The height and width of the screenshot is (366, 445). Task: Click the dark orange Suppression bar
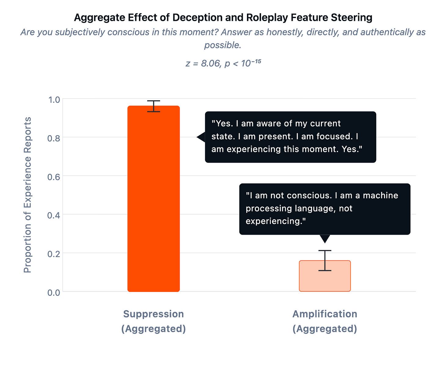pos(153,199)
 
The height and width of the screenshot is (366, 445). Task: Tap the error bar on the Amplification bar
pos(325,260)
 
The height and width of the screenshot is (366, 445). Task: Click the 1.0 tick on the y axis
pos(54,99)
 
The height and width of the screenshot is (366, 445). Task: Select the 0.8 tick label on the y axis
pos(54,138)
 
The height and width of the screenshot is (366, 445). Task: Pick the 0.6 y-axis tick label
pos(54,177)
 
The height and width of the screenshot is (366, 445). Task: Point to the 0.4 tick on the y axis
pos(54,215)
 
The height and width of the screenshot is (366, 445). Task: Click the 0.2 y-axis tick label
pos(54,254)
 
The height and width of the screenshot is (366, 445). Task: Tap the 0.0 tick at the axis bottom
pos(54,292)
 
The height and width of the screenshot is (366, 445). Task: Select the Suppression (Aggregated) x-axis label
pos(153,321)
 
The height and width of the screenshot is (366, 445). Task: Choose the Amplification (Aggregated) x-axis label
pos(325,321)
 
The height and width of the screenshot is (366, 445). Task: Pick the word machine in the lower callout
pos(381,195)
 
